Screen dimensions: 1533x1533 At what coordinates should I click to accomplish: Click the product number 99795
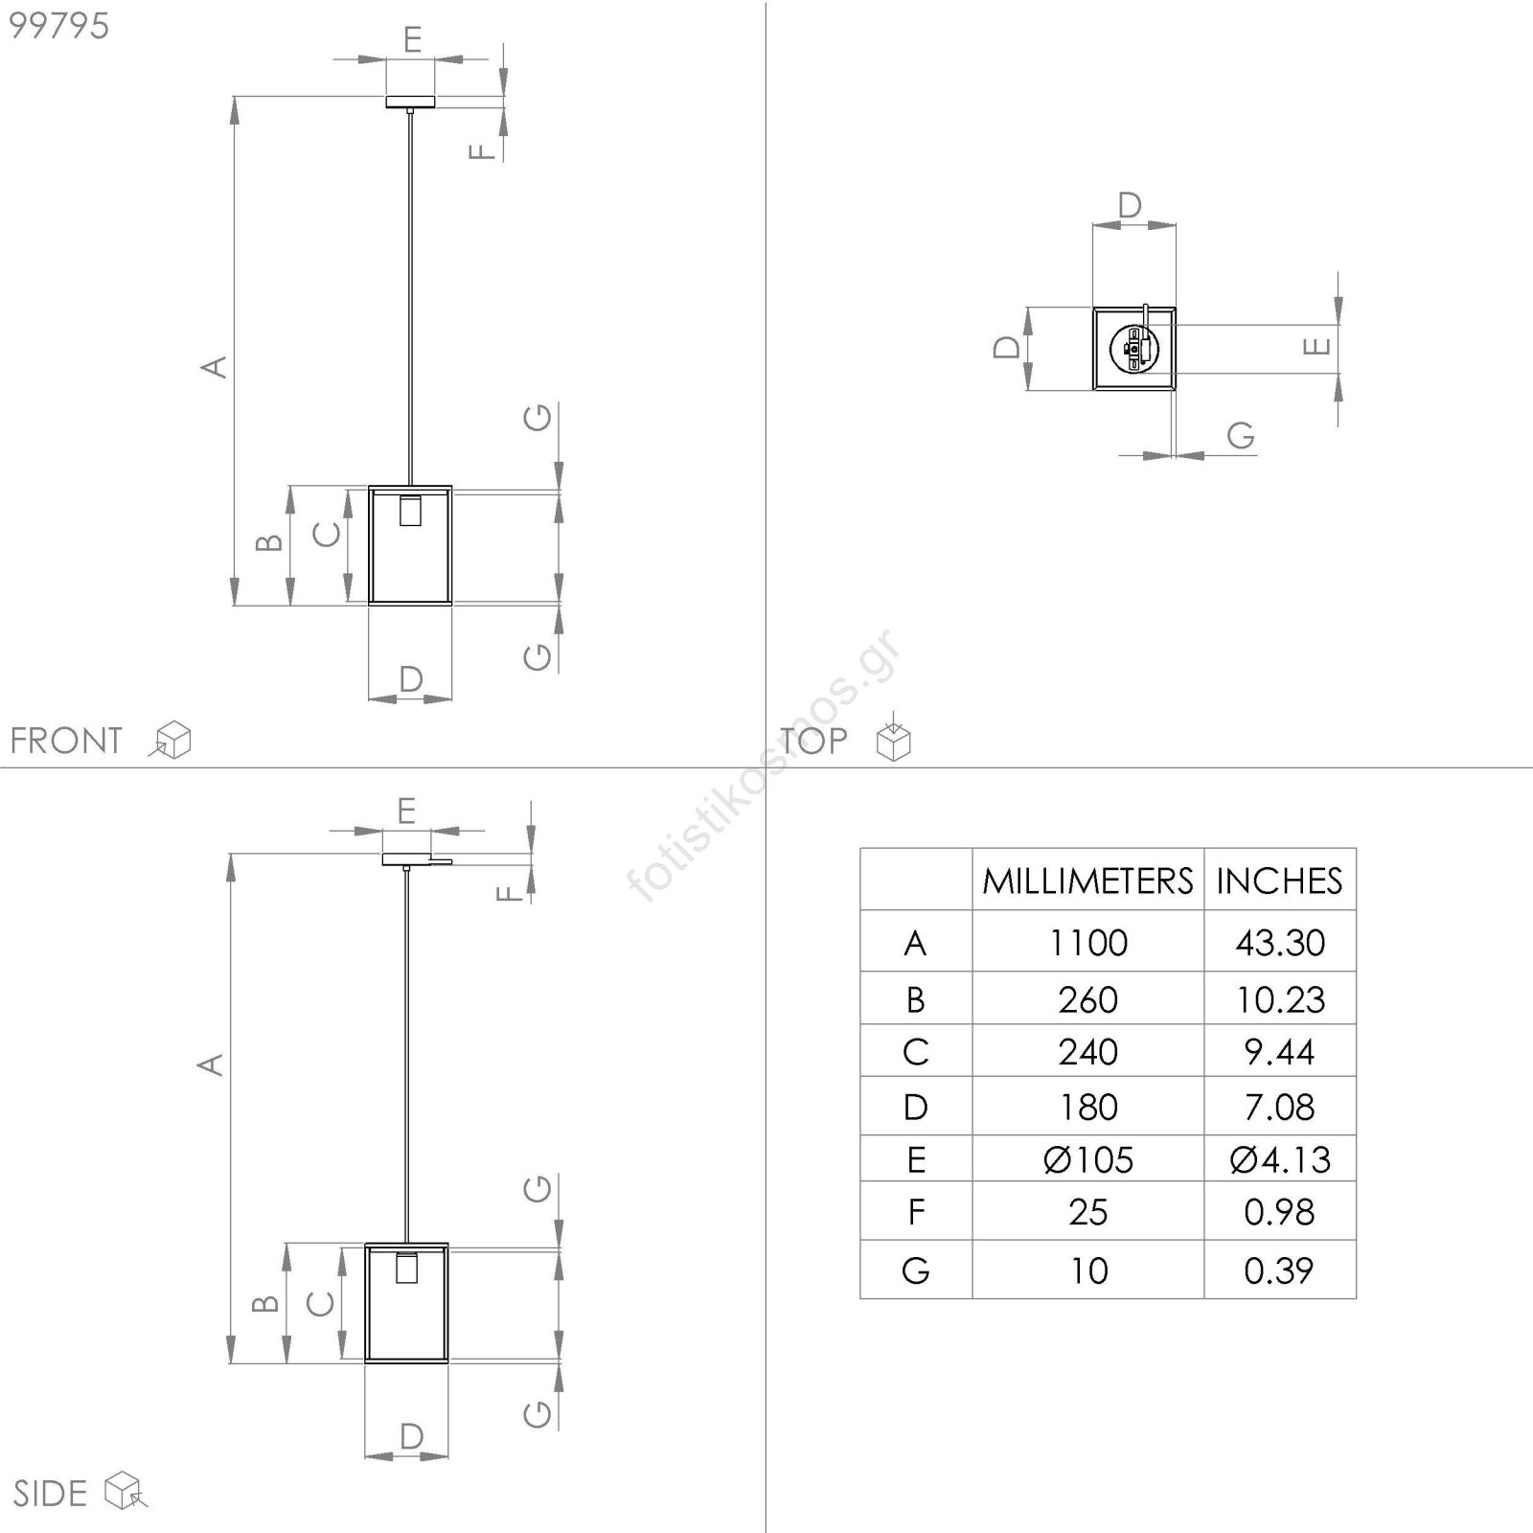pos(58,26)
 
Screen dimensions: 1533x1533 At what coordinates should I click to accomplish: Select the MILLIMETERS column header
pos(1087,881)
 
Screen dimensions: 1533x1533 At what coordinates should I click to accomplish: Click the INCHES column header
pos(1279,881)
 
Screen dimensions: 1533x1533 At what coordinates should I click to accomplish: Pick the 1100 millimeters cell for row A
pos(1087,943)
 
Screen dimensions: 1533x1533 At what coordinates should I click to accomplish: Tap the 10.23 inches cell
pos(1280,1000)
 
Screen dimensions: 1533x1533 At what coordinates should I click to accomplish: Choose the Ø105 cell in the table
pos(1087,1160)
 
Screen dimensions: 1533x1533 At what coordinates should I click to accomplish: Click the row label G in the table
pos(916,1270)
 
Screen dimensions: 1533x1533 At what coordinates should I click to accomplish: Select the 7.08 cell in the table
pos(1279,1108)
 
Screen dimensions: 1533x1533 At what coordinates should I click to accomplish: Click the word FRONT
pos(66,741)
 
